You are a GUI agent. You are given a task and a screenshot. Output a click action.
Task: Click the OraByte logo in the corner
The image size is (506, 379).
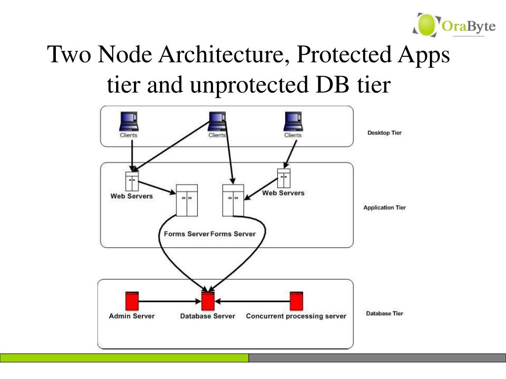(x=454, y=25)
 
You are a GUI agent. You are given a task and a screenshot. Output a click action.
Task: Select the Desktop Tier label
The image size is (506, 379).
(x=384, y=133)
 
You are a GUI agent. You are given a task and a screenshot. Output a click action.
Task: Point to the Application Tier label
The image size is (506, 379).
(x=384, y=208)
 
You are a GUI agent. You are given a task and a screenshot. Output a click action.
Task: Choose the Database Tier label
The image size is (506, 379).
(x=384, y=313)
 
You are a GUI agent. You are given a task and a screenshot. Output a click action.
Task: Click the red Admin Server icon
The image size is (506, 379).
(x=131, y=301)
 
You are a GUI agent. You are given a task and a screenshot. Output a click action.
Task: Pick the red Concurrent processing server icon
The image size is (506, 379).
(x=296, y=301)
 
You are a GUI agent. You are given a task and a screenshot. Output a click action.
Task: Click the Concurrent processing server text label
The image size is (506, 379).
(x=296, y=316)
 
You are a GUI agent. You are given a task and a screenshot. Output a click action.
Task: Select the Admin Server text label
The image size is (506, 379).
(x=131, y=316)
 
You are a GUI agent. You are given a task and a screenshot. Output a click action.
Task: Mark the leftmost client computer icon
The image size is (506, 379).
(x=129, y=121)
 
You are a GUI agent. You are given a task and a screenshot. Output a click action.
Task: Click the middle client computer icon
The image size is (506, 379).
(x=217, y=121)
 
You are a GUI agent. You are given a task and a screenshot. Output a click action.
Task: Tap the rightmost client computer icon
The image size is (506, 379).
(x=293, y=121)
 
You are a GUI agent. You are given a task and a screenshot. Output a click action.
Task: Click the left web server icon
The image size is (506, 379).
(x=132, y=181)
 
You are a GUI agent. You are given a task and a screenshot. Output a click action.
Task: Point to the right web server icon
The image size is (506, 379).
(x=284, y=178)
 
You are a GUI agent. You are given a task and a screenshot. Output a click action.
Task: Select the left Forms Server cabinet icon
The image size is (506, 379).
(x=187, y=200)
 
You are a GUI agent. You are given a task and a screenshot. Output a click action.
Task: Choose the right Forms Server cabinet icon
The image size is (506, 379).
(x=233, y=200)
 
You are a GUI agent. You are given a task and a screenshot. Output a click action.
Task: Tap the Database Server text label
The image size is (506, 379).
(x=208, y=316)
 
